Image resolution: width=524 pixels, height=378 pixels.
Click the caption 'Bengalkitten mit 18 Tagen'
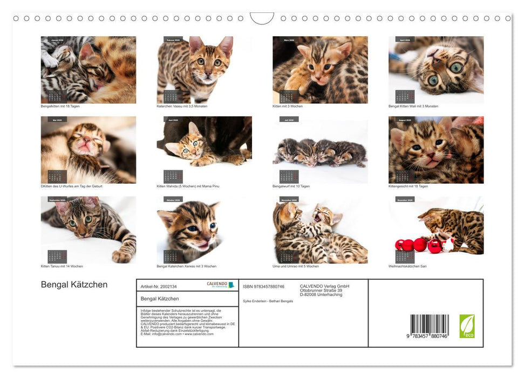pos(60,106)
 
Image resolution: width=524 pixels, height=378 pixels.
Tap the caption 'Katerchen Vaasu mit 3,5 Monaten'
pos(182,106)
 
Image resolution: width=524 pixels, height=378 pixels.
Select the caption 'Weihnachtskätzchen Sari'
pos(407,266)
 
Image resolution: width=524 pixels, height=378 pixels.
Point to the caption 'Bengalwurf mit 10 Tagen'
pos(291,186)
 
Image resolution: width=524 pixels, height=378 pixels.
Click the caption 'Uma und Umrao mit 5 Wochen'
pos(295,266)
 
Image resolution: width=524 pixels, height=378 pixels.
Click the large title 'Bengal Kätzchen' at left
pos(74,285)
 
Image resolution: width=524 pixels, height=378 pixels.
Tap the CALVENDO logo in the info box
pos(220,285)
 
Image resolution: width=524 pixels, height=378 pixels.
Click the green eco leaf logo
pos(467,326)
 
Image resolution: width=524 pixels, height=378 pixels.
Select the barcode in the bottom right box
pos(430,326)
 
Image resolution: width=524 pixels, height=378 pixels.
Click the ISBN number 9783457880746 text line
pos(263,286)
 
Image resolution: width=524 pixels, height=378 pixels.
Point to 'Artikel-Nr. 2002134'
pos(158,286)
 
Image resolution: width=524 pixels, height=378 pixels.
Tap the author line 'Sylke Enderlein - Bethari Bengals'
pos(268,301)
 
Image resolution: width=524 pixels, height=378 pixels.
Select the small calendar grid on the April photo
pos(405,96)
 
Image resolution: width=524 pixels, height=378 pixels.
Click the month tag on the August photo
pos(405,120)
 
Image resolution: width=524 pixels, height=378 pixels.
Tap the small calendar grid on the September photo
pos(57,256)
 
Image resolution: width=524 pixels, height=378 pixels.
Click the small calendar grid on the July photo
pos(289,176)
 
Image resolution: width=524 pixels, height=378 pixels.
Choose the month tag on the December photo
pos(405,200)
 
